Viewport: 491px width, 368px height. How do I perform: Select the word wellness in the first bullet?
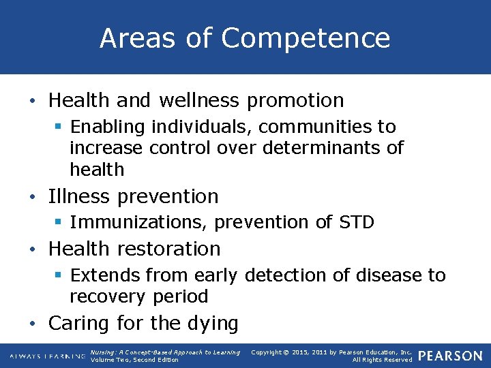tap(199, 101)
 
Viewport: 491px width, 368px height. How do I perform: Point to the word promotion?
tap(295, 101)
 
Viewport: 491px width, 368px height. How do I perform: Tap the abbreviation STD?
tap(356, 222)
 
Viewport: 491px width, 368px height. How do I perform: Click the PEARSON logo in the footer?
tap(449, 356)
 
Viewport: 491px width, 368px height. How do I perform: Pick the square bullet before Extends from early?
tap(59, 276)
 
